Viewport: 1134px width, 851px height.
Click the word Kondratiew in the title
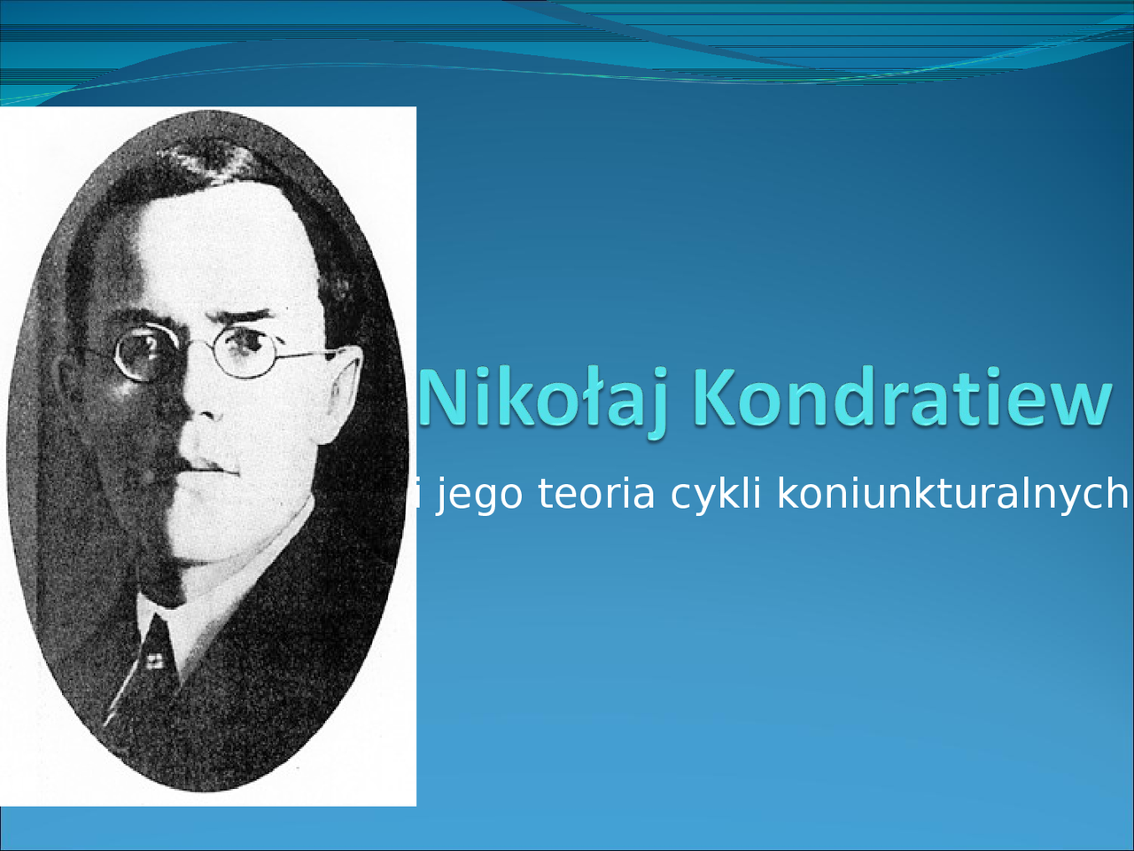click(x=902, y=395)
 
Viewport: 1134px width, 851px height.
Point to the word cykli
click(x=716, y=495)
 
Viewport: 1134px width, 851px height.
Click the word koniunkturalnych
click(x=952, y=495)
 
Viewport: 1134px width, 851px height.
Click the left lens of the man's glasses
click(x=145, y=353)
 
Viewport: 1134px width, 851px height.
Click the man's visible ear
click(x=343, y=394)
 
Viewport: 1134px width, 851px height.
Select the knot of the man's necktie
click(x=154, y=655)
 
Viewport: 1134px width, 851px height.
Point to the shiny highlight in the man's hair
click(x=206, y=157)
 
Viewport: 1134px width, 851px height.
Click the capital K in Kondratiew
click(x=715, y=395)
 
